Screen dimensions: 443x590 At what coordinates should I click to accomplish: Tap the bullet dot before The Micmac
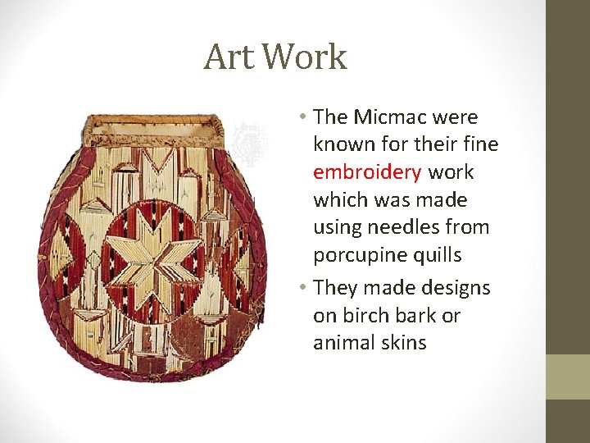click(303, 118)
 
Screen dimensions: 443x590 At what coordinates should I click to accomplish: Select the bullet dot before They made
click(303, 289)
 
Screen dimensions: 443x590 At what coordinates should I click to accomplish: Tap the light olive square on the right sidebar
click(568, 377)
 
